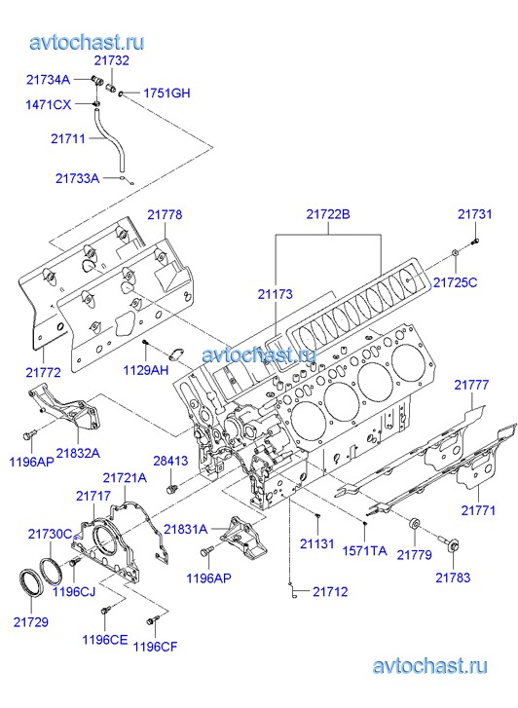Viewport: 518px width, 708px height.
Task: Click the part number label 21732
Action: point(112,60)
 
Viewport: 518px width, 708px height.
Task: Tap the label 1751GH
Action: point(166,93)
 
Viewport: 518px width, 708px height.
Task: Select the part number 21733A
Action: point(77,178)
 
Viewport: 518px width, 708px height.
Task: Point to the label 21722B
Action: point(328,213)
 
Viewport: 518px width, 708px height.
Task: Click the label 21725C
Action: point(455,282)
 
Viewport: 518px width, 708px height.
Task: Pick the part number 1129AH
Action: point(146,370)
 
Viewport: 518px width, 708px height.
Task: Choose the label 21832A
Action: point(78,453)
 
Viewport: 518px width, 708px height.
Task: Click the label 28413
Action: point(170,461)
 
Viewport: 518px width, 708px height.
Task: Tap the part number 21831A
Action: point(186,529)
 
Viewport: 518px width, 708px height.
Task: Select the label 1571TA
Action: point(364,550)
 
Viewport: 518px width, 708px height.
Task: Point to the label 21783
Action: point(453,578)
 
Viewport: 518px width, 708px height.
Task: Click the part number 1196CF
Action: point(156,647)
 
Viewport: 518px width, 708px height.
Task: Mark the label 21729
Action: point(31,621)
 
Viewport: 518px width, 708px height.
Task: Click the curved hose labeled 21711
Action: point(105,135)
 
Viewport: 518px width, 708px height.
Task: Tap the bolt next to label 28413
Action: point(171,489)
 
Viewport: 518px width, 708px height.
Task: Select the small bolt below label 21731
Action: point(475,242)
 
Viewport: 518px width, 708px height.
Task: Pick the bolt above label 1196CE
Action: point(105,611)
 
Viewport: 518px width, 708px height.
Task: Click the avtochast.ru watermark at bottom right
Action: point(429,666)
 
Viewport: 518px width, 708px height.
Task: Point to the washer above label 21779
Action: point(415,524)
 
